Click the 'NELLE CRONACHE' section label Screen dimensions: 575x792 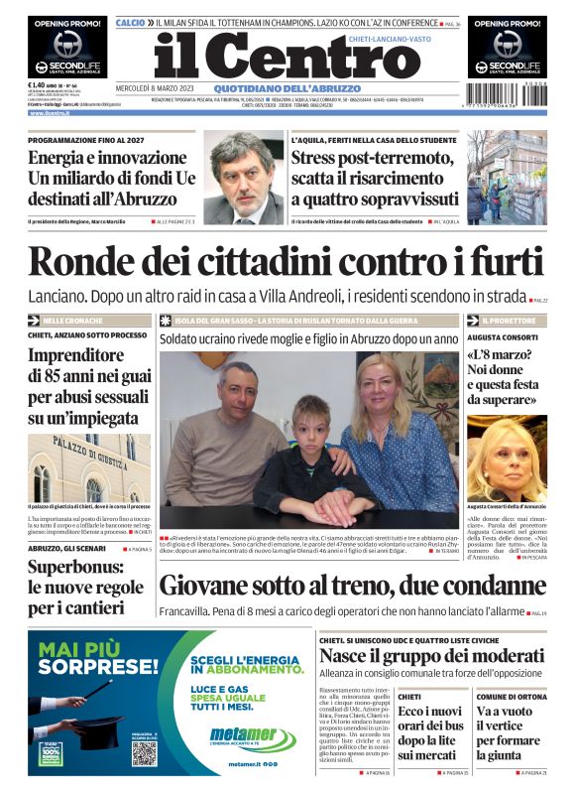tap(72, 322)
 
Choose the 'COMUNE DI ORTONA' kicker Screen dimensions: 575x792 tap(511, 697)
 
